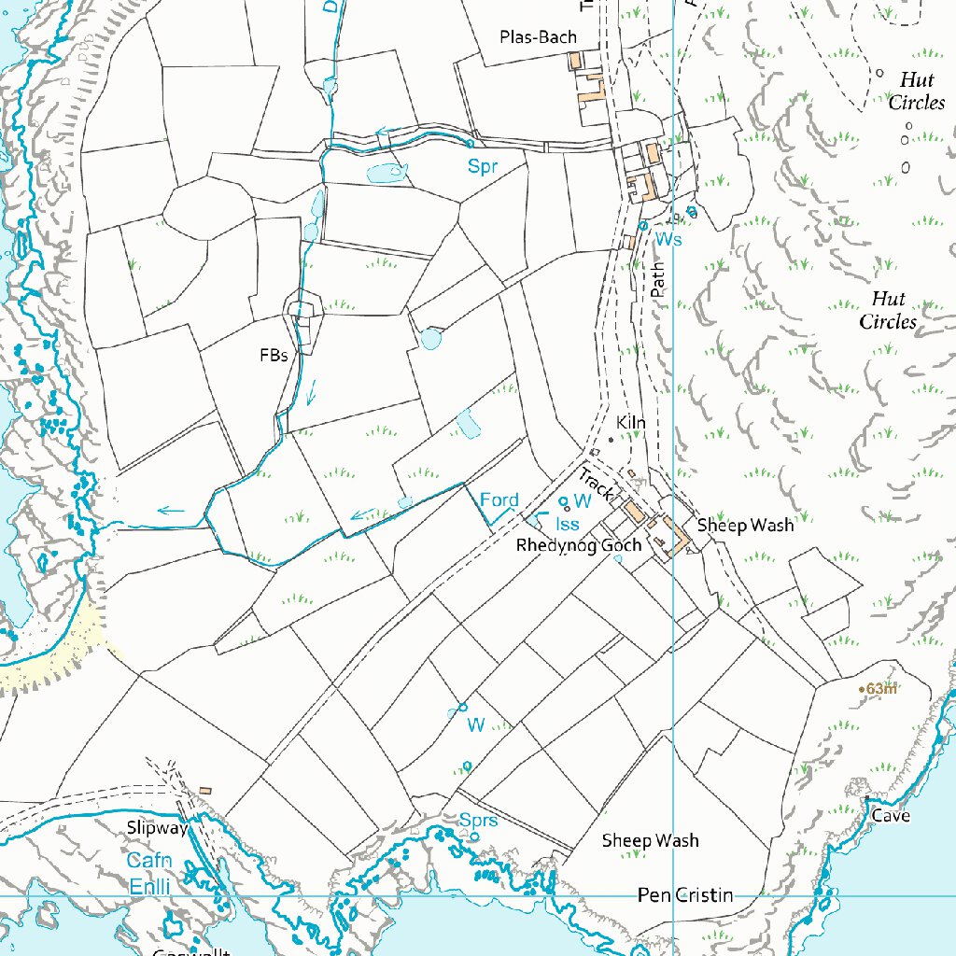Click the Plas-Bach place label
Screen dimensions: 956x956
(x=538, y=37)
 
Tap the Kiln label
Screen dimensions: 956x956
(x=631, y=423)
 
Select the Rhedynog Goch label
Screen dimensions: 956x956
(x=579, y=545)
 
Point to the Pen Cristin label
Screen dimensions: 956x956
(x=684, y=896)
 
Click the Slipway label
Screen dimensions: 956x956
(x=158, y=828)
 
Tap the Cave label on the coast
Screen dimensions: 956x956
(x=891, y=816)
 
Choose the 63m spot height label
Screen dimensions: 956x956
(x=881, y=689)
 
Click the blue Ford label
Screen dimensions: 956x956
(x=499, y=501)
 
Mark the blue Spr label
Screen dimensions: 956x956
(x=483, y=168)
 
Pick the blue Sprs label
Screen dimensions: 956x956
(x=478, y=821)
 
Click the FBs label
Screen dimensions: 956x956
(x=273, y=356)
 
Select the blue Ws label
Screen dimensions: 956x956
(x=668, y=240)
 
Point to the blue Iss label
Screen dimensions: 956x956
(x=567, y=525)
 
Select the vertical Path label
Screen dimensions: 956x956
(x=659, y=279)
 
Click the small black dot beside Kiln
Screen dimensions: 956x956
(x=611, y=439)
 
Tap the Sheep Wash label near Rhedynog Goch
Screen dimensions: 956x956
(x=745, y=526)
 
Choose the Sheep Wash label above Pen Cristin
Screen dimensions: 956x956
(x=650, y=841)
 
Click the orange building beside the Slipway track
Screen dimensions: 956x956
(x=205, y=792)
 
